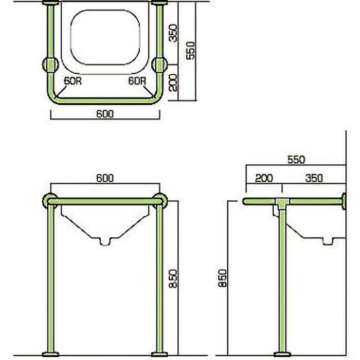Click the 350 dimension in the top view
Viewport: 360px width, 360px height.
[x=173, y=33]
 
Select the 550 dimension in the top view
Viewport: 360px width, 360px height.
[x=191, y=50]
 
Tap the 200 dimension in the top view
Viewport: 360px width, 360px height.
[x=173, y=82]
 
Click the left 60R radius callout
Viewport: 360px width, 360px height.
[x=72, y=81]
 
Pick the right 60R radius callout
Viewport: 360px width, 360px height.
[x=137, y=81]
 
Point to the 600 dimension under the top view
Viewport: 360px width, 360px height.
[x=105, y=114]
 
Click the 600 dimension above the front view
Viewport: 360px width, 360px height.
[x=105, y=178]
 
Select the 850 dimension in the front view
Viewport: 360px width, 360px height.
[x=173, y=279]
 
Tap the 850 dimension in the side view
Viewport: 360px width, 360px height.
[x=222, y=278]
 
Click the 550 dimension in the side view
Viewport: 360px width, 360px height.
[x=296, y=160]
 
